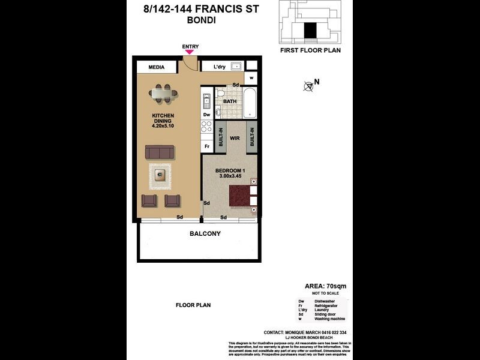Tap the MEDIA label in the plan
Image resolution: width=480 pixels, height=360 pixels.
tap(157, 67)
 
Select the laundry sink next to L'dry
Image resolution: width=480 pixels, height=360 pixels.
tap(236, 67)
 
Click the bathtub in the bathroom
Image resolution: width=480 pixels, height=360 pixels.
tap(250, 102)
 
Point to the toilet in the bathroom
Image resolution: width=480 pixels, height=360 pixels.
tap(220, 95)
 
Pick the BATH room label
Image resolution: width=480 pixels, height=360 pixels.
tap(230, 101)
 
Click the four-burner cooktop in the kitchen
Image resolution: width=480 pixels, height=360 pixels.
tap(206, 127)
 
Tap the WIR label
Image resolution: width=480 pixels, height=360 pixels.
tap(235, 137)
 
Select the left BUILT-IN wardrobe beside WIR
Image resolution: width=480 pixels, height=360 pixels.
tap(221, 137)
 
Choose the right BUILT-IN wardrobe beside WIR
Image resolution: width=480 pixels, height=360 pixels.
tap(251, 137)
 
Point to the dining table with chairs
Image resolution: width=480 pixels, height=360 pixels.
tap(163, 93)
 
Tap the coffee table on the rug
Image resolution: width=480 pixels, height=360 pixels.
tap(160, 175)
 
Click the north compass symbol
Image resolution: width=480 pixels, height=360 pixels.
tap(309, 86)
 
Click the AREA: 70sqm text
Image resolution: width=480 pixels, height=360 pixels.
tap(322, 286)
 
